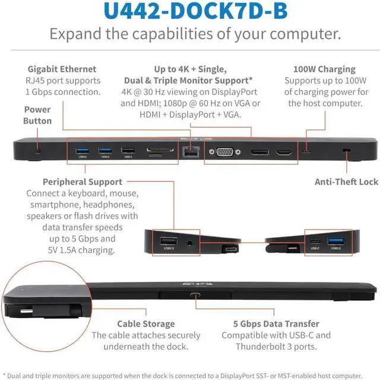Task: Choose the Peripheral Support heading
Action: [83, 181]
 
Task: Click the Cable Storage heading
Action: [145, 324]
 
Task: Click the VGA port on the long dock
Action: [223, 152]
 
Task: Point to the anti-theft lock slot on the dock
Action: [346, 152]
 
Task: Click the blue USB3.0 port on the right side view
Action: [335, 241]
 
